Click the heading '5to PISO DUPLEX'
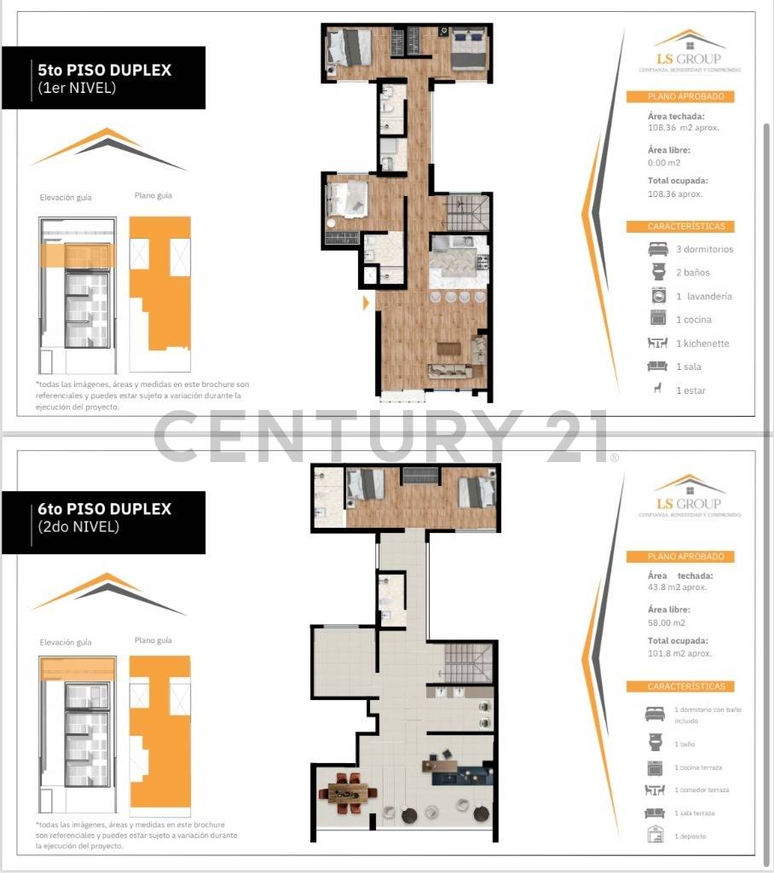(105, 70)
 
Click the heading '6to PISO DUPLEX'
(105, 509)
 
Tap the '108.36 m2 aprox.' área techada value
(684, 128)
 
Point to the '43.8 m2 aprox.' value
(677, 587)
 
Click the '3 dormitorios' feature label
(704, 250)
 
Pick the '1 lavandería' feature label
(704, 297)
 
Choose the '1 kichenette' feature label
(702, 344)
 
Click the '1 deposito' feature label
(690, 836)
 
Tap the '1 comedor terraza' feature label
(702, 790)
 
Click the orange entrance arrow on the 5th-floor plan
(366, 302)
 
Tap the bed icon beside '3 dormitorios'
(657, 250)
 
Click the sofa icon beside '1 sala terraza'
(656, 813)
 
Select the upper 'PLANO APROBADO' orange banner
(679, 96)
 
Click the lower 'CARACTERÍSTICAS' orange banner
(679, 686)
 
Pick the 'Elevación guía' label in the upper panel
(66, 198)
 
